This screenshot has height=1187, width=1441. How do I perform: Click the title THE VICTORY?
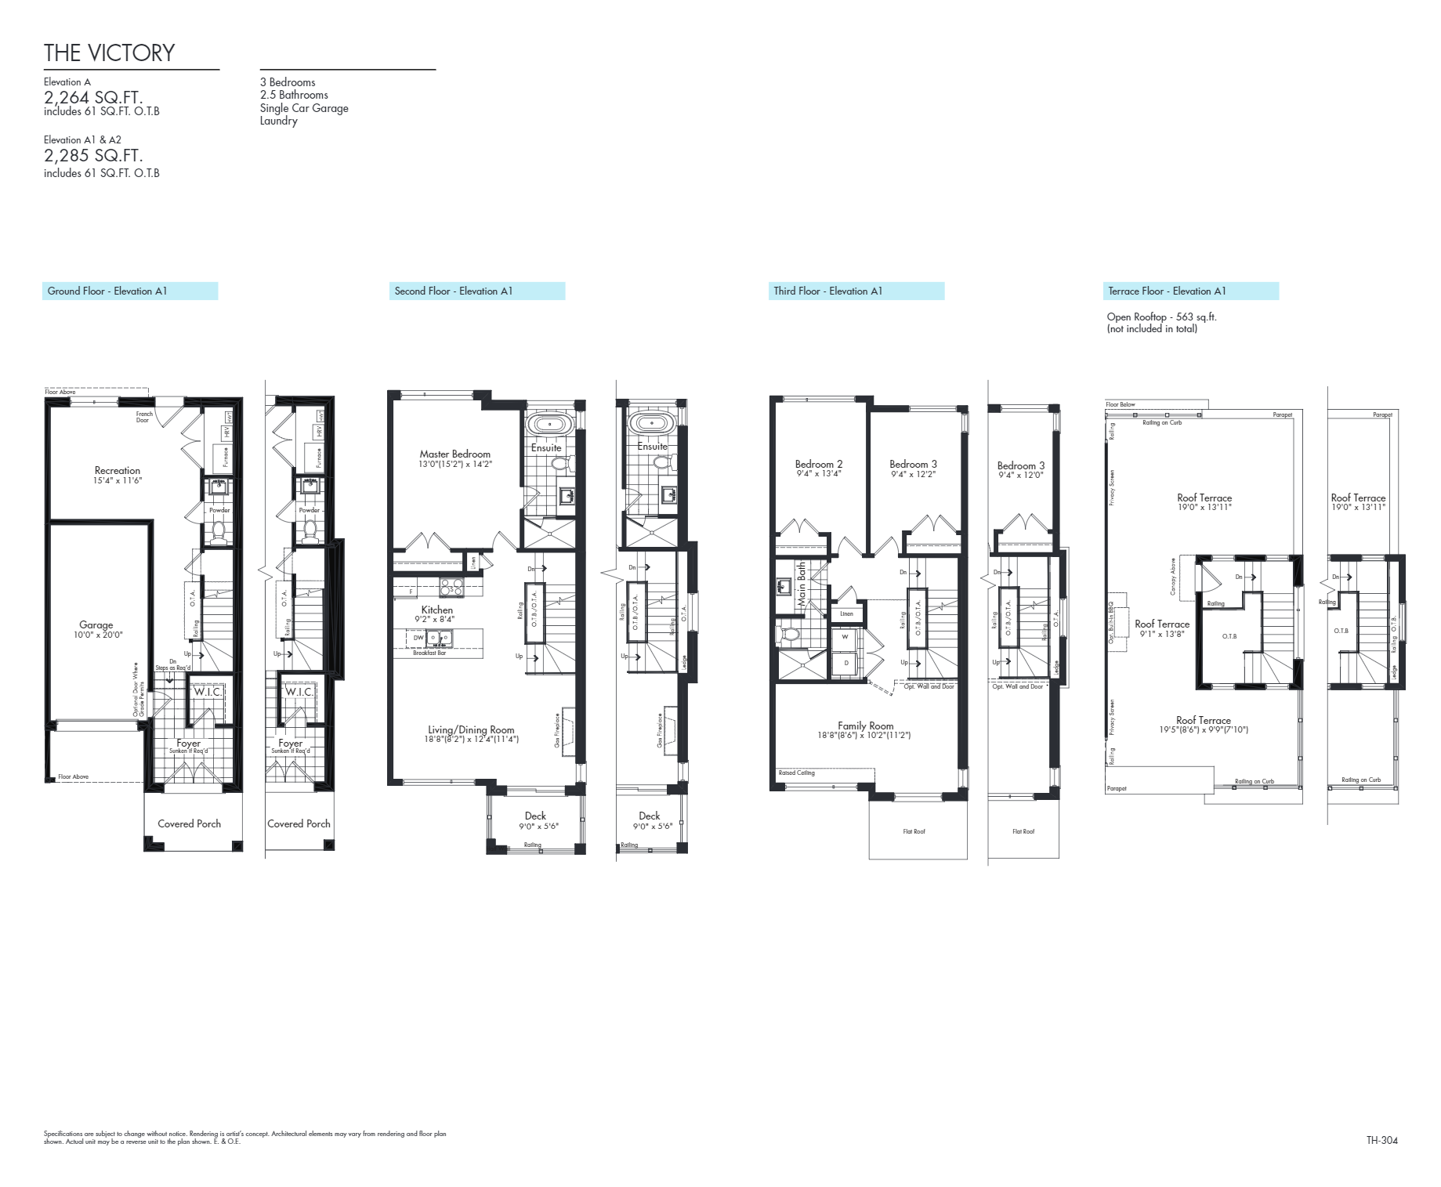tap(109, 52)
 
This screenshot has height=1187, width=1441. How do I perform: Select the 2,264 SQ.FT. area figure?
tap(93, 97)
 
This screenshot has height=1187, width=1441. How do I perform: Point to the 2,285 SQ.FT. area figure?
tap(93, 155)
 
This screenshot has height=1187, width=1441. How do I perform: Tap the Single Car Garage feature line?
tap(304, 108)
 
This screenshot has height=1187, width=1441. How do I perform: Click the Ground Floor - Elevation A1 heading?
tap(107, 291)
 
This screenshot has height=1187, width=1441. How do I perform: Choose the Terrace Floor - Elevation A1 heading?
tap(1167, 291)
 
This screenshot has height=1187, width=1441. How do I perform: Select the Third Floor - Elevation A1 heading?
tap(827, 291)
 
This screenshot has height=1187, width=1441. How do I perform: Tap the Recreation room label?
tap(118, 471)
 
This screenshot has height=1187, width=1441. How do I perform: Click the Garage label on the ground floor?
tap(96, 625)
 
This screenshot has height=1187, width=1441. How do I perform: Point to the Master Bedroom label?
tap(454, 454)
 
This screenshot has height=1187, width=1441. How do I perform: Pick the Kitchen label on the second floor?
tap(436, 610)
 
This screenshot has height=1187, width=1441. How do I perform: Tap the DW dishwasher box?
tap(418, 638)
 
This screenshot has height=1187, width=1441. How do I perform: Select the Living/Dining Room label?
tap(471, 729)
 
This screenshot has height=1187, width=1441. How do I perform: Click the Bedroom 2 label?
tap(819, 464)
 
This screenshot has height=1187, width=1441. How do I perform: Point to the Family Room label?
tap(865, 726)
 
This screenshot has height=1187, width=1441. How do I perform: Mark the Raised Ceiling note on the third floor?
tap(797, 773)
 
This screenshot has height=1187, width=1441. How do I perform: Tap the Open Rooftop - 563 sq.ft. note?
tap(1161, 317)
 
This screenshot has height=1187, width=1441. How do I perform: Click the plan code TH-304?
tap(1381, 1140)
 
